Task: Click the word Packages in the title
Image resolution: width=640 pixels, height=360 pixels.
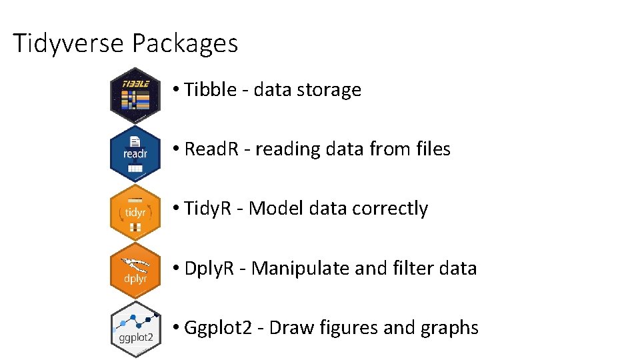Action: click(185, 44)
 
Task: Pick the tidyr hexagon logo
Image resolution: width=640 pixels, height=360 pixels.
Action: click(135, 212)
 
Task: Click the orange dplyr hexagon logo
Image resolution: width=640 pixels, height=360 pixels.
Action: click(135, 271)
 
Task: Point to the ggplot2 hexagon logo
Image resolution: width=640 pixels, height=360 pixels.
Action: click(135, 329)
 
